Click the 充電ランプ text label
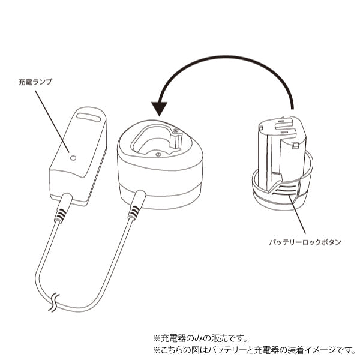coord(35,82)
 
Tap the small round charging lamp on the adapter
coord(73,158)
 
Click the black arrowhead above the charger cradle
coord(160,108)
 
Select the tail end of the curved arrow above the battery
coord(292,107)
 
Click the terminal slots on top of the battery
coord(280,127)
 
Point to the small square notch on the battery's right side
coord(296,144)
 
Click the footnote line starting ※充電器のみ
coord(200,338)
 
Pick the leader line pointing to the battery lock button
coord(298,218)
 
